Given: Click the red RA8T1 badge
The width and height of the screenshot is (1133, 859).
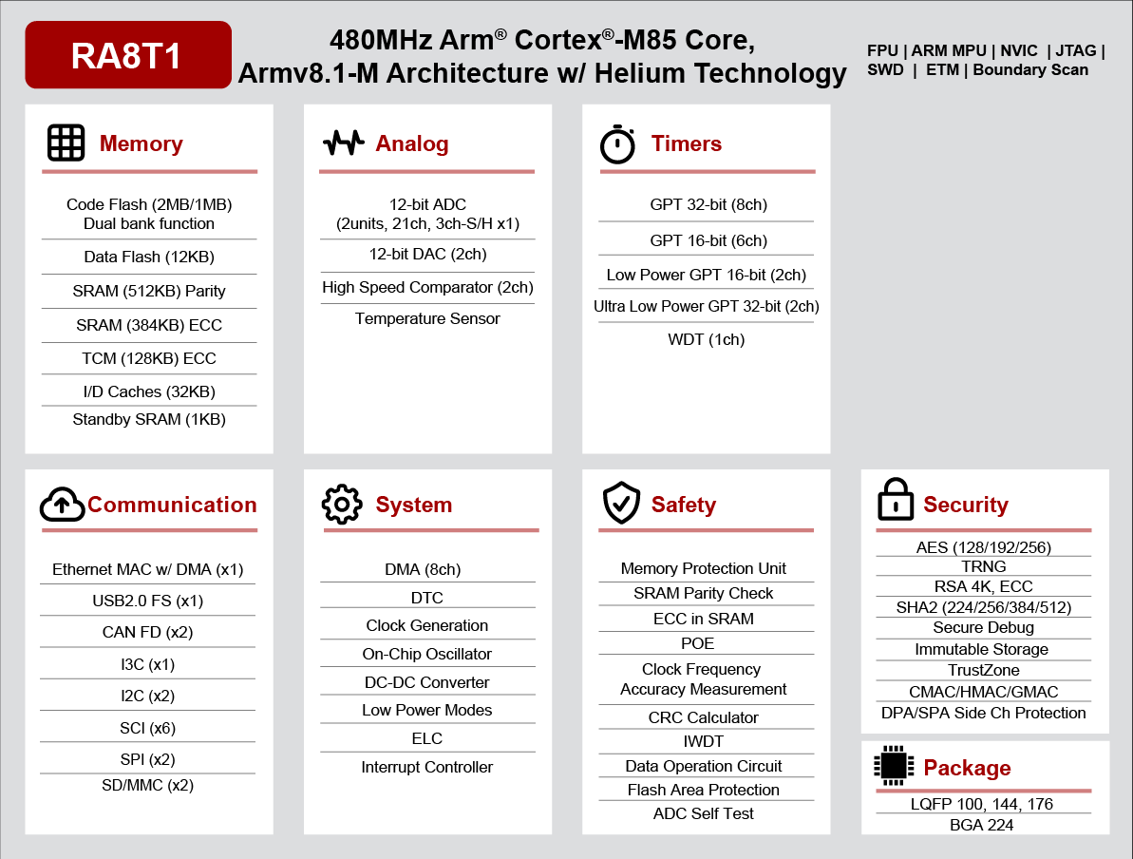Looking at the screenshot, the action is [x=128, y=55].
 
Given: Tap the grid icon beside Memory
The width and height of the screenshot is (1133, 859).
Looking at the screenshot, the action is [x=66, y=143].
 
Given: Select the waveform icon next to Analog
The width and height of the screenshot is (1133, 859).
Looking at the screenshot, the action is [x=343, y=143].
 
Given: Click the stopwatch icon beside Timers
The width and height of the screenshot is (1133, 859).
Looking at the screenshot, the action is [x=617, y=143].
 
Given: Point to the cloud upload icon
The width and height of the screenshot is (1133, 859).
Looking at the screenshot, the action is [x=62, y=504].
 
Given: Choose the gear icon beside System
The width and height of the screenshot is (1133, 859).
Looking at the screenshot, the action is [x=342, y=504].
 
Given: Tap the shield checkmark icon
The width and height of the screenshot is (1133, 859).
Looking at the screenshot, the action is [x=621, y=503].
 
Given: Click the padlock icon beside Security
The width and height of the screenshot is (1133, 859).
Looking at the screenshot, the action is [x=896, y=499].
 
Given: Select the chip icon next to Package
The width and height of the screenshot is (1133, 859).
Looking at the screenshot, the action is [x=894, y=766].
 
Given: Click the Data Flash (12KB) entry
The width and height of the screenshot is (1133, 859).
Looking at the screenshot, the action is [x=149, y=257].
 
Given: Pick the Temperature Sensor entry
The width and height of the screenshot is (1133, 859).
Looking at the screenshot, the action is [x=427, y=319].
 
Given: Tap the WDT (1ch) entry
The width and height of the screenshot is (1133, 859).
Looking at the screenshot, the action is [x=706, y=340].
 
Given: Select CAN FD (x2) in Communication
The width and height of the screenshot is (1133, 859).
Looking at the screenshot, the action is [x=147, y=632].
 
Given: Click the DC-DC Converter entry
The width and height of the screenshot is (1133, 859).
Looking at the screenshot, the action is [x=426, y=682].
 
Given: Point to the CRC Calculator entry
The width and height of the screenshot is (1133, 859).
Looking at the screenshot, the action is [x=703, y=717].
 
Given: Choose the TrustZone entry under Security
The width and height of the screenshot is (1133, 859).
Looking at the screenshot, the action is [x=984, y=670].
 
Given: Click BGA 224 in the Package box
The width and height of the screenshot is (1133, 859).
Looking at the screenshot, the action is [x=981, y=825].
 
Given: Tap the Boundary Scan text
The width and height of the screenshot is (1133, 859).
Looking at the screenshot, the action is [x=1030, y=70].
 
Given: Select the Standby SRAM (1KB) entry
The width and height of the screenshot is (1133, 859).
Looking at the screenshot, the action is [x=149, y=419].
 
